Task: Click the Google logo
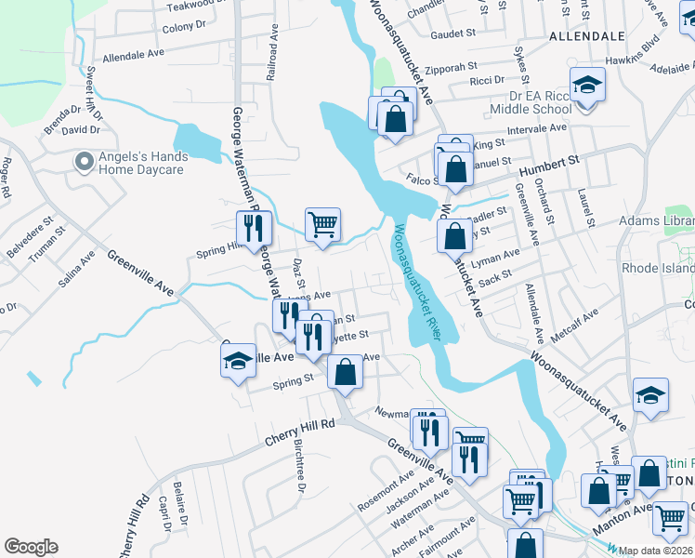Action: coord(31,548)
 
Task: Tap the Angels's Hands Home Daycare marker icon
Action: coord(84,162)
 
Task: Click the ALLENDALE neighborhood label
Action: coord(586,36)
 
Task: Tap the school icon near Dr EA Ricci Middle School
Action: coord(587,86)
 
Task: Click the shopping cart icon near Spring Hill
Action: coord(322,223)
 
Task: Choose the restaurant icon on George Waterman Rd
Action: coord(252,228)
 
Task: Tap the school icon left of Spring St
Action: coord(238,361)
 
